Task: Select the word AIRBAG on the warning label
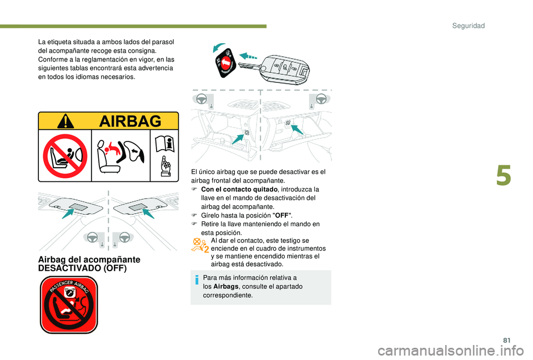[x=131, y=121]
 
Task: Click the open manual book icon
[x=165, y=144]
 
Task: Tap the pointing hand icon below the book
[x=165, y=167]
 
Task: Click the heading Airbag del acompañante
[x=89, y=260]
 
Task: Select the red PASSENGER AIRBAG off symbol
[x=69, y=305]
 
